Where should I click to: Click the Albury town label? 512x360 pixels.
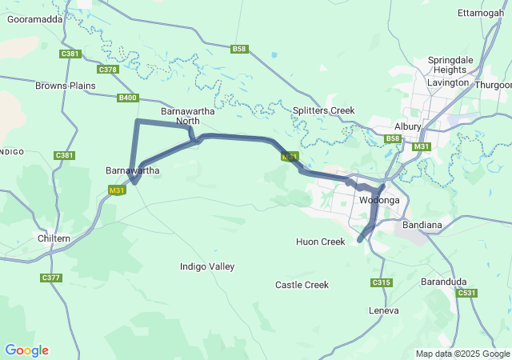[407, 126]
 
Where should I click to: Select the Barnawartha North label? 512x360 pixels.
[181, 116]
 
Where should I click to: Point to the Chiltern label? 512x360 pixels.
[54, 238]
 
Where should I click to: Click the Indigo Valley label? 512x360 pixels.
[207, 266]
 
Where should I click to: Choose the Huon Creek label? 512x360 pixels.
[320, 242]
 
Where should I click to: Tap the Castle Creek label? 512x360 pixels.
[302, 285]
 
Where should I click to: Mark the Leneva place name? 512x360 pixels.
[383, 310]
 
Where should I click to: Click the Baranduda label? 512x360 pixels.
[445, 282]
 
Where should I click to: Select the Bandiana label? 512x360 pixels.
[422, 225]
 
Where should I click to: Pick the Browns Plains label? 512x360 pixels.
[66, 85]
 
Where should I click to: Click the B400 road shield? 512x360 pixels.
[127, 98]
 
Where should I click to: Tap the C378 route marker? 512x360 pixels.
[108, 70]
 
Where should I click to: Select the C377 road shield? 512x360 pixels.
[51, 278]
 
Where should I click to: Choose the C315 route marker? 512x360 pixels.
[382, 282]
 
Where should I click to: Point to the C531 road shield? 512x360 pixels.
[467, 294]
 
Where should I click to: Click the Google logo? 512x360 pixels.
[26, 350]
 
